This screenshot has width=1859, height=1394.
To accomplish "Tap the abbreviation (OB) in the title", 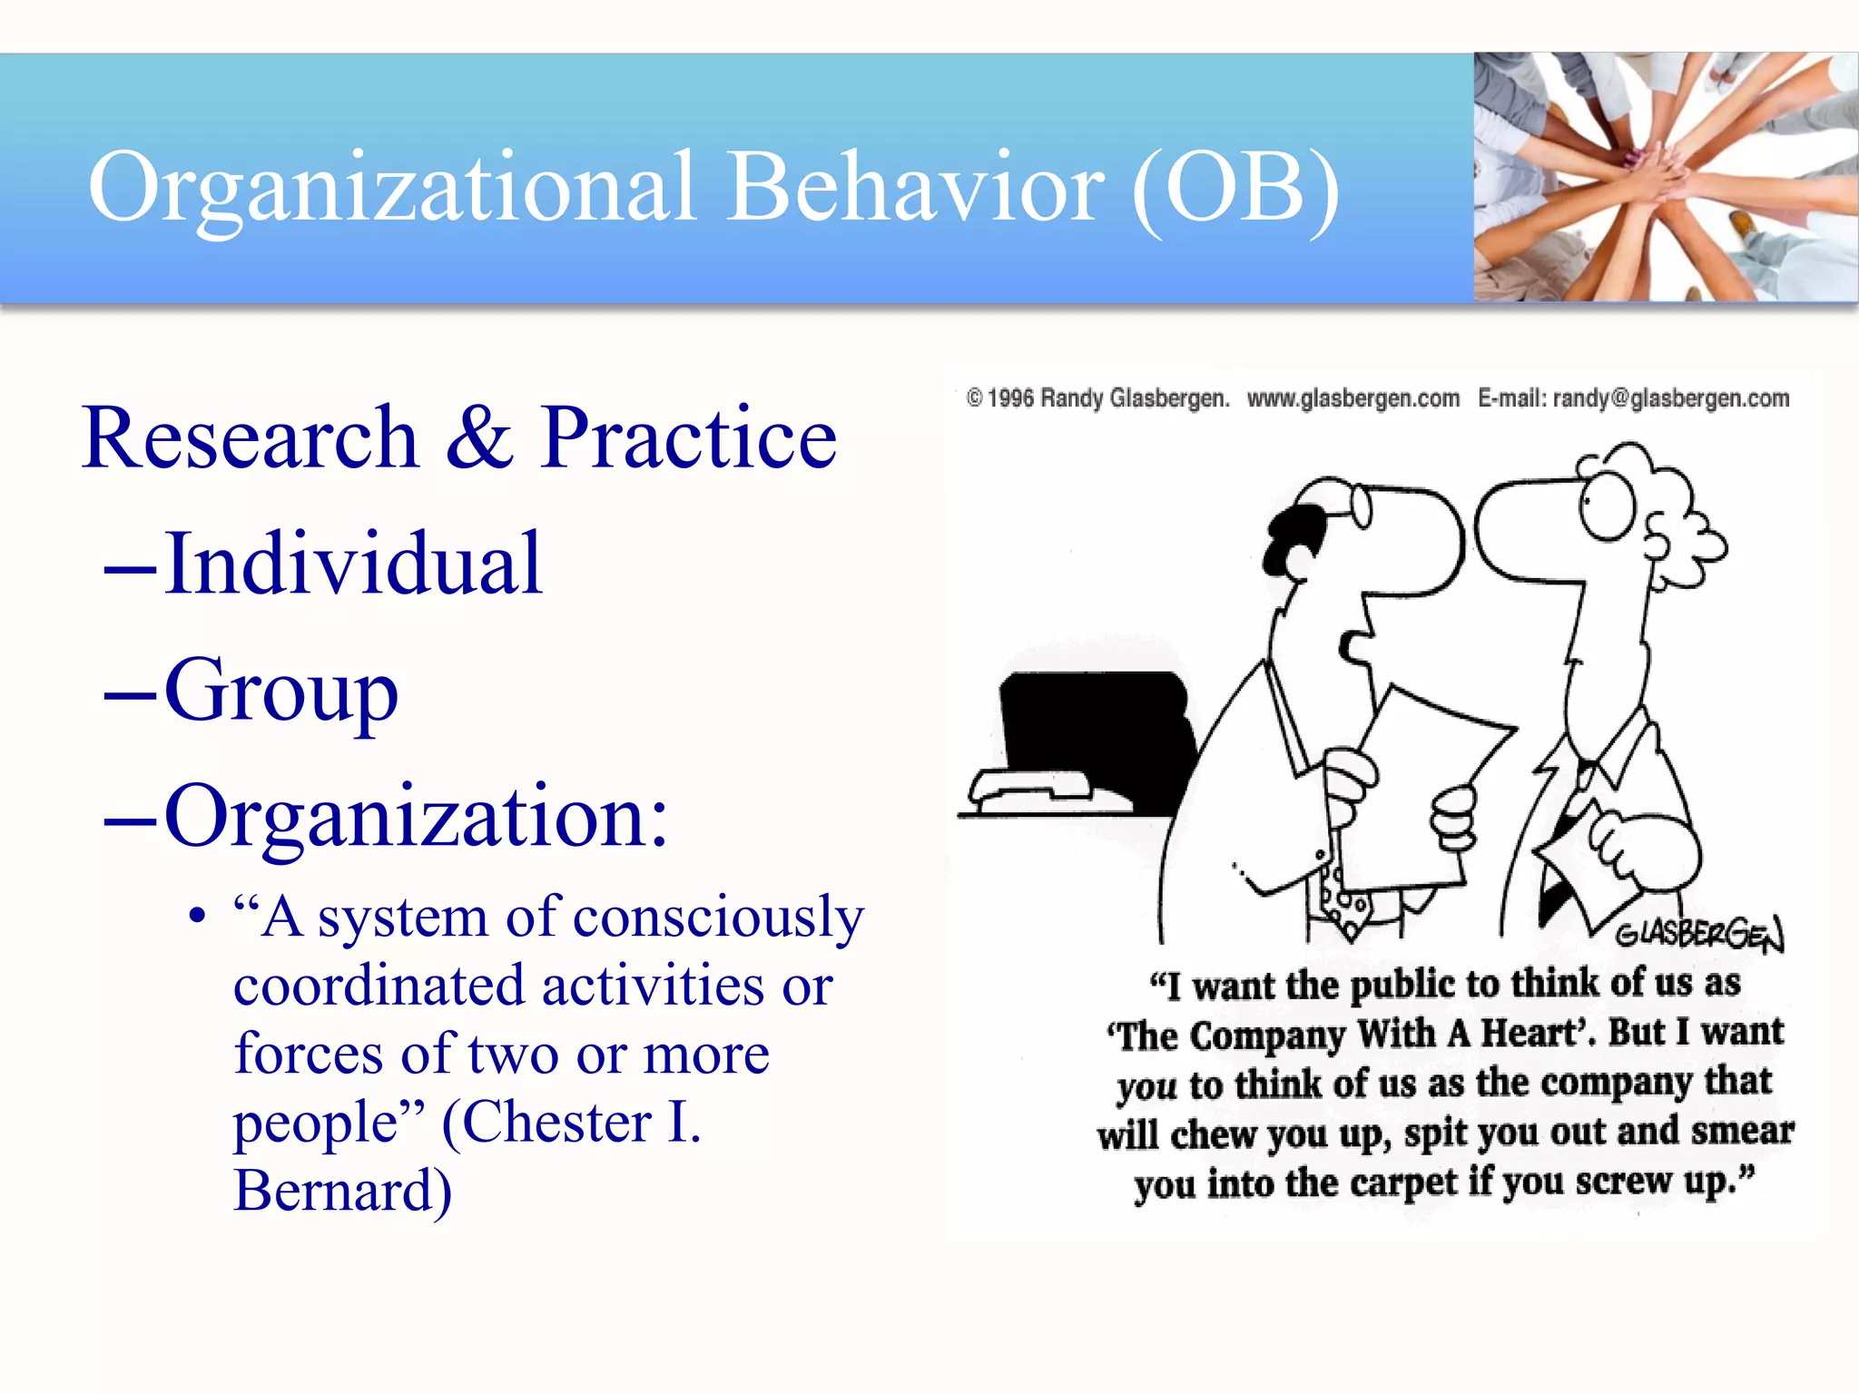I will click(x=1236, y=189).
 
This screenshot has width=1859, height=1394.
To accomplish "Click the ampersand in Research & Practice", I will click(x=479, y=437).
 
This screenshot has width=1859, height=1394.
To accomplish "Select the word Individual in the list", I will click(x=354, y=564).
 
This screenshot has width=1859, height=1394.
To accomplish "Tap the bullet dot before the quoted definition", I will click(x=197, y=917).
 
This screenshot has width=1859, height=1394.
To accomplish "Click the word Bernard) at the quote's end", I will click(x=342, y=1191).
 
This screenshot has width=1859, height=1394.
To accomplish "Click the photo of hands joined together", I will click(x=1665, y=177).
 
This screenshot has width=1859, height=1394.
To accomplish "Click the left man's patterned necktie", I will click(x=1339, y=898).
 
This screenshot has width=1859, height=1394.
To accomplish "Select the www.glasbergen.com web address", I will click(x=1352, y=398).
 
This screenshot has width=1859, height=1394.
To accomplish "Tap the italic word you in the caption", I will click(x=1146, y=1085).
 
